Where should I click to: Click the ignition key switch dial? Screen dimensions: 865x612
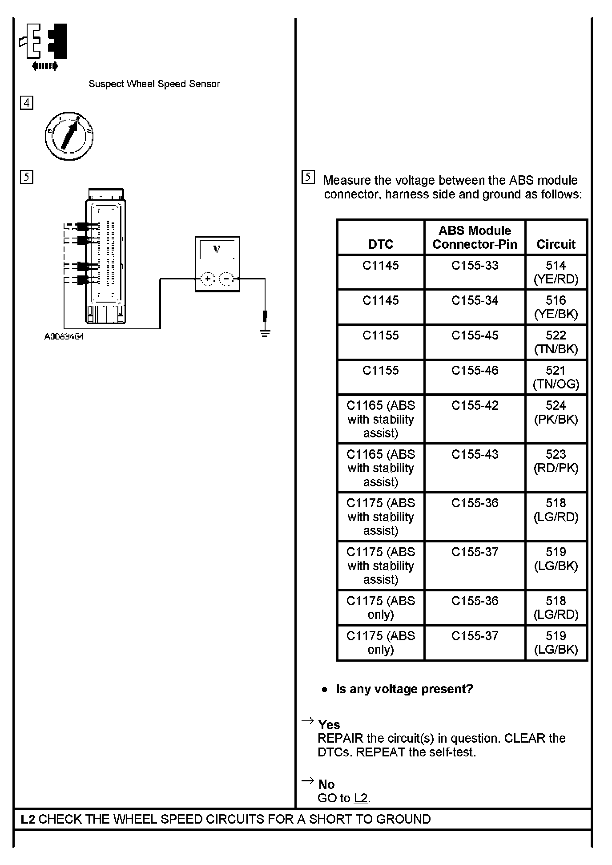point(69,136)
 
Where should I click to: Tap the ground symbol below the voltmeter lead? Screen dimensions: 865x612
point(265,332)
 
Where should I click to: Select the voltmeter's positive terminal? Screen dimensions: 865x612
point(207,279)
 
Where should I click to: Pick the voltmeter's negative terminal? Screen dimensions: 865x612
point(227,279)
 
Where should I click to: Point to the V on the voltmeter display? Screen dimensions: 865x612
point(217,250)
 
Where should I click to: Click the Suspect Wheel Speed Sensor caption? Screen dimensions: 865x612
point(154,84)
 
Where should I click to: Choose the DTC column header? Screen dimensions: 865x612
point(381,244)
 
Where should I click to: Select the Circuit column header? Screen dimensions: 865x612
point(556,244)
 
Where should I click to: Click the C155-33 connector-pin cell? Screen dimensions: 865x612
point(475,266)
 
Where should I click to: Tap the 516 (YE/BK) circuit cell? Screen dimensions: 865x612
point(556,307)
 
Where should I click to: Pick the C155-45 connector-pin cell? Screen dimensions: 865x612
point(475,335)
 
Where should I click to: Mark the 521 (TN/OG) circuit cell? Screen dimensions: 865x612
point(556,377)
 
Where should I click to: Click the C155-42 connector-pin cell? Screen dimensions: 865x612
point(475,406)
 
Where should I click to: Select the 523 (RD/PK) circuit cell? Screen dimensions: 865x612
point(556,461)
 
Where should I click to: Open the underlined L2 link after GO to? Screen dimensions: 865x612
point(361,798)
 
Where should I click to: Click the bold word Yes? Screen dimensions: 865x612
point(329,725)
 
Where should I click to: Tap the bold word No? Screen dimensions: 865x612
point(326,784)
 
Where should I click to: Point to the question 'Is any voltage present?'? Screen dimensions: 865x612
point(404,689)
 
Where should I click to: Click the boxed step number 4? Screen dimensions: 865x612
point(27,103)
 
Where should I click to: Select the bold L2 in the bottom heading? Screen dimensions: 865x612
point(28,819)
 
